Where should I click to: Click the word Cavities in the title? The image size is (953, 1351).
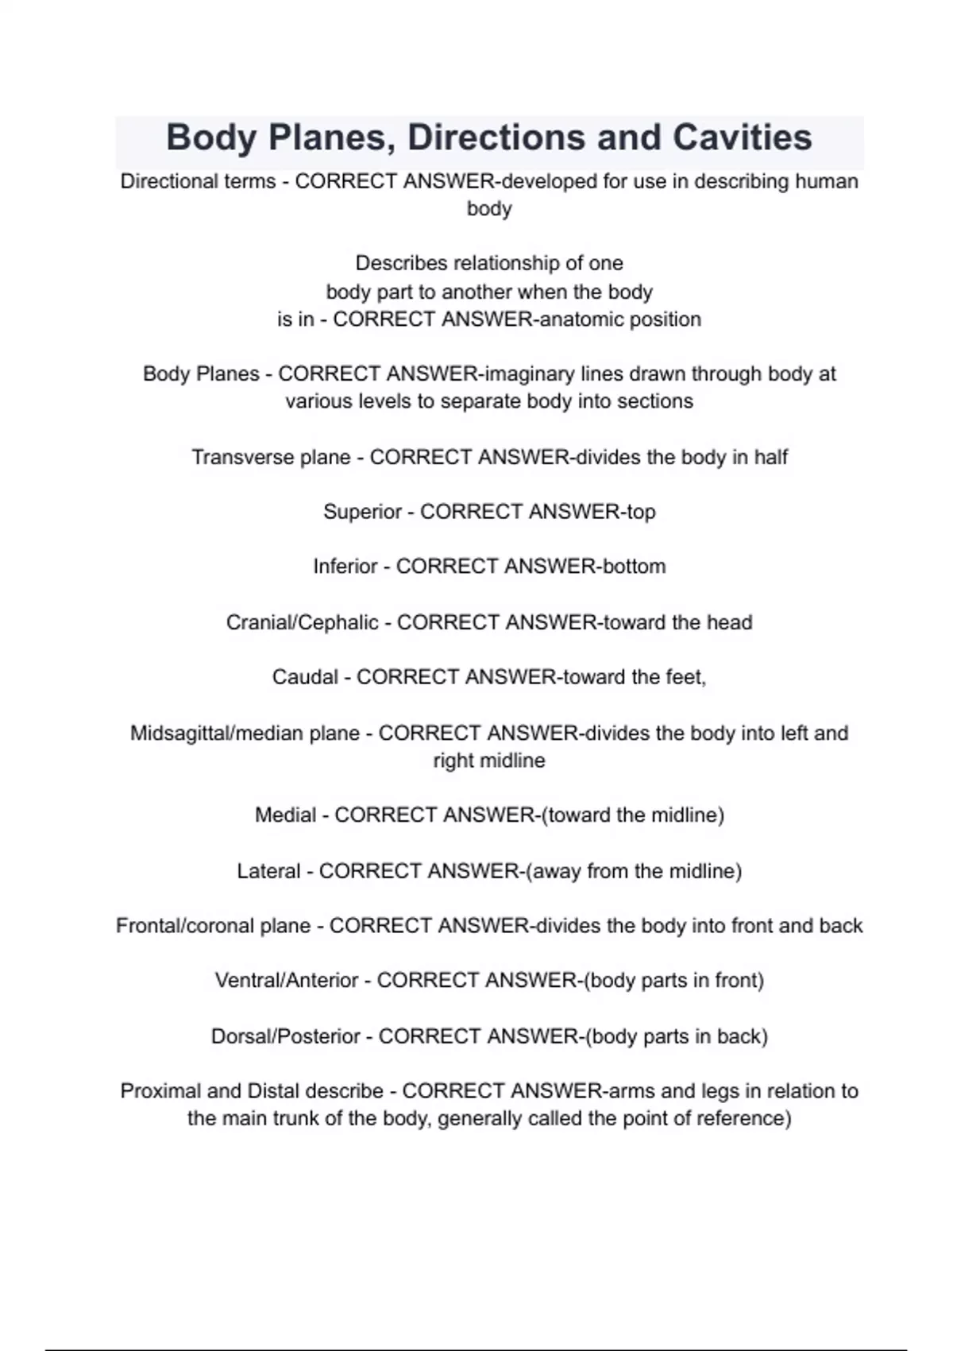[742, 137]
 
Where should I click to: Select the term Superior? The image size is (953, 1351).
[362, 512]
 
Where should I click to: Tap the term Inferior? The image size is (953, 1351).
[345, 567]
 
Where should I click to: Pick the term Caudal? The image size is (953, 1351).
[305, 677]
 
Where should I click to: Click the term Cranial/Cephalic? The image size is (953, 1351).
[302, 622]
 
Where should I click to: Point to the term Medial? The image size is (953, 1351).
[285, 815]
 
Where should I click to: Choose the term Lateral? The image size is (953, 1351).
[268, 872]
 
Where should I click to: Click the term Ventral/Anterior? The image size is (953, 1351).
[286, 981]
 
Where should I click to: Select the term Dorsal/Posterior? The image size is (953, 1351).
[285, 1037]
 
